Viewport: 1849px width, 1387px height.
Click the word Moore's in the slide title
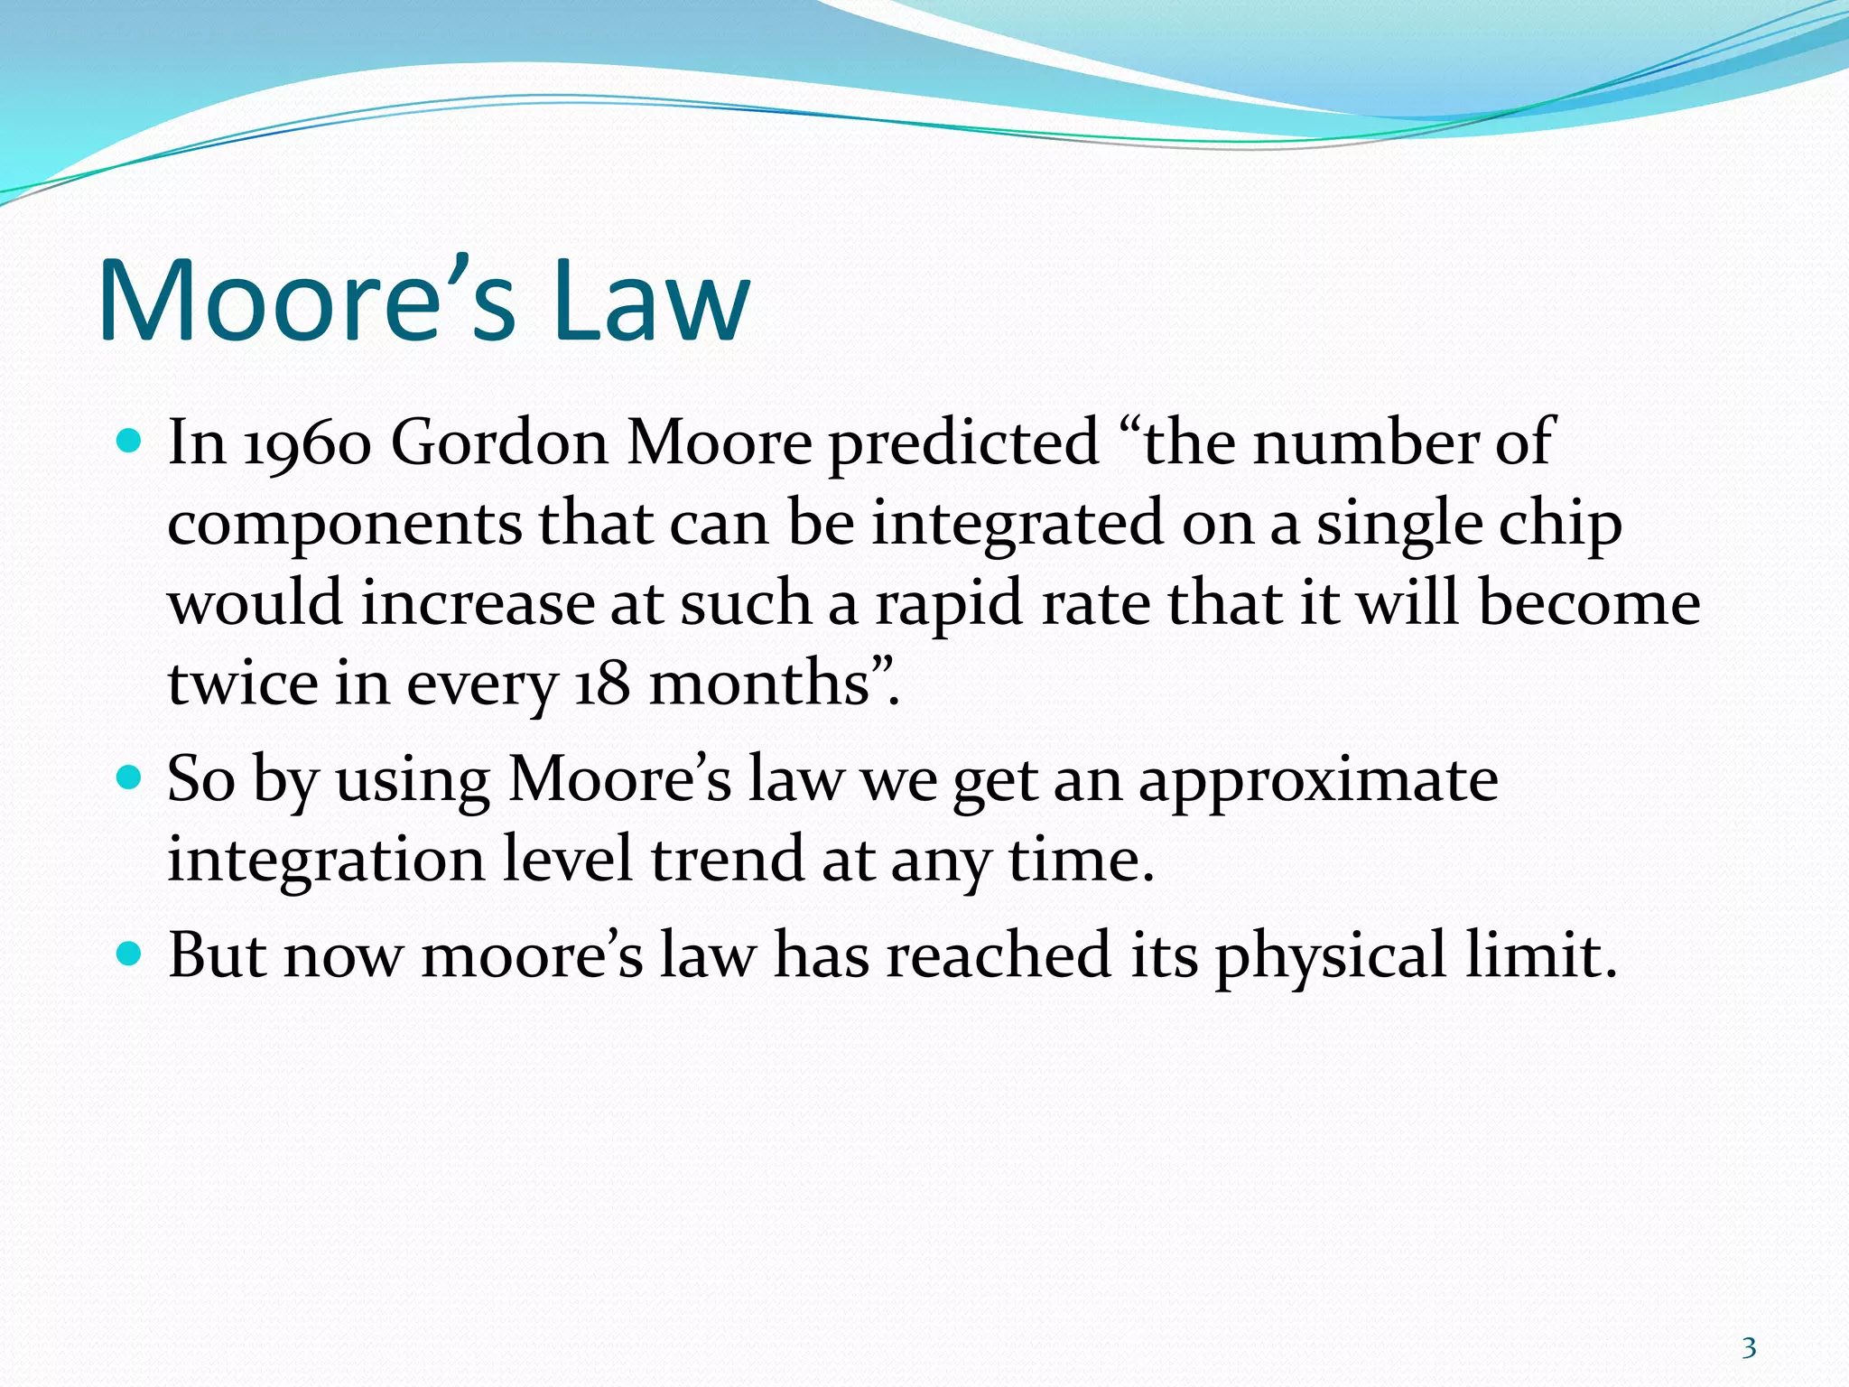pyautogui.click(x=307, y=301)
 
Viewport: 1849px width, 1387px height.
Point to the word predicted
pyautogui.click(x=963, y=444)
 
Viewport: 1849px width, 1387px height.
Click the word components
pyautogui.click(x=344, y=526)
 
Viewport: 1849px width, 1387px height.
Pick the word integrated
pyautogui.click(x=1017, y=526)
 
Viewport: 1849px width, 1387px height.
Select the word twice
pyautogui.click(x=242, y=684)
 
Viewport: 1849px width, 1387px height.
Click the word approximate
pyautogui.click(x=1318, y=780)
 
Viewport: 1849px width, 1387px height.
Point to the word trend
pyautogui.click(x=727, y=860)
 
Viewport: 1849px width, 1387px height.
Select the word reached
pyautogui.click(x=998, y=956)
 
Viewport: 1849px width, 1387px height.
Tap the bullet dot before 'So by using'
pyautogui.click(x=130, y=777)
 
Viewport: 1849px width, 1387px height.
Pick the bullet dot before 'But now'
pyautogui.click(x=130, y=954)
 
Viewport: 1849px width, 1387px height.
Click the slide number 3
pyautogui.click(x=1749, y=1348)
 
